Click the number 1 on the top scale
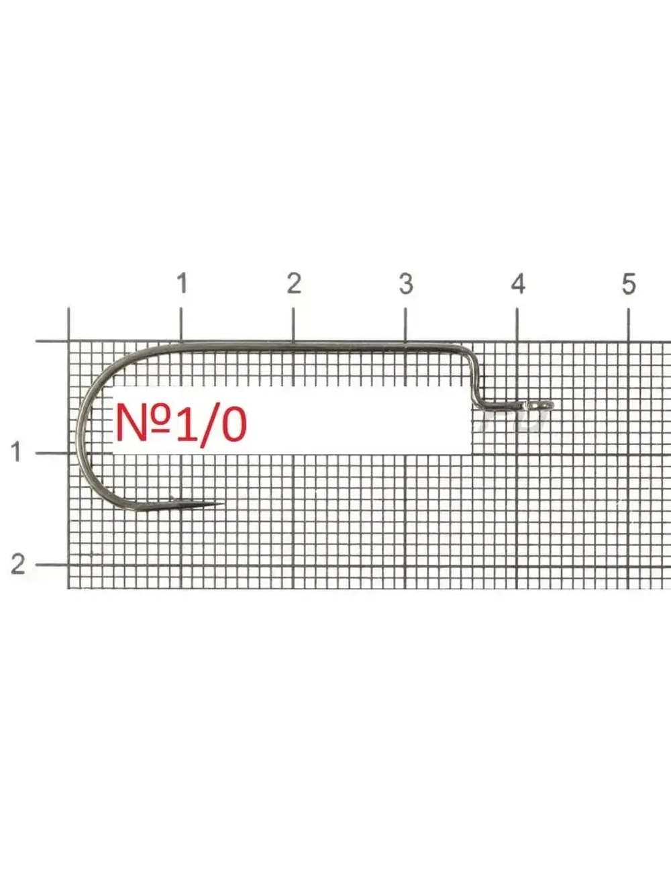182,283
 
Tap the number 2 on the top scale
294,283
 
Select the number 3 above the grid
406,283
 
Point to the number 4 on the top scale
518,283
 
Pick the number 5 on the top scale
629,283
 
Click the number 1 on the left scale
16,452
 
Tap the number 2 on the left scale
17,564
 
